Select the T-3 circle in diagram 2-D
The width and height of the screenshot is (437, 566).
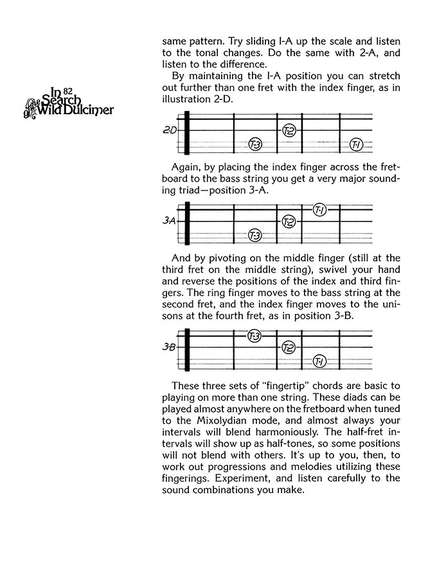255,144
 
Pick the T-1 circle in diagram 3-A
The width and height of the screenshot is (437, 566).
319,210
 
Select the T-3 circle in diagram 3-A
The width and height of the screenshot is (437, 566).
255,236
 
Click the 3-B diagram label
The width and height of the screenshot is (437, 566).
169,348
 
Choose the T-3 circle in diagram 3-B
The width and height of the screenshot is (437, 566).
254,336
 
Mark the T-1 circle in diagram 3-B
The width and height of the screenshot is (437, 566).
319,363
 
